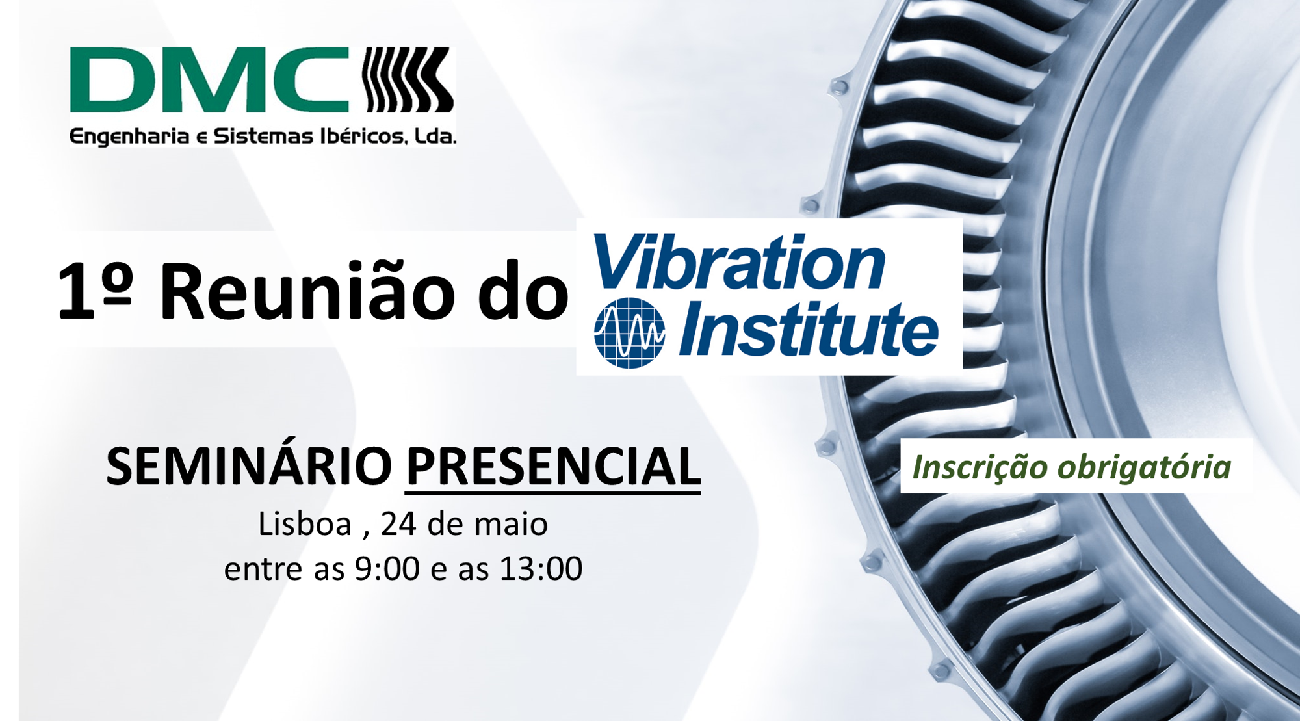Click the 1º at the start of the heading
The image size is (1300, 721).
coord(95,291)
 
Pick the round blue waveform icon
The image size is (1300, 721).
coord(629,332)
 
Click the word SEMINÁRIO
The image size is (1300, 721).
coord(249,466)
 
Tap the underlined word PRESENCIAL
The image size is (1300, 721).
coord(552,466)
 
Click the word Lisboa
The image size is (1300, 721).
coord(305,524)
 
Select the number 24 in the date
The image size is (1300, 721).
coord(398,524)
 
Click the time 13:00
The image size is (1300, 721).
coord(541,569)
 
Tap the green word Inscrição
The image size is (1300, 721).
coord(981,467)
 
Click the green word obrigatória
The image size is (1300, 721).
coord(1145,467)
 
